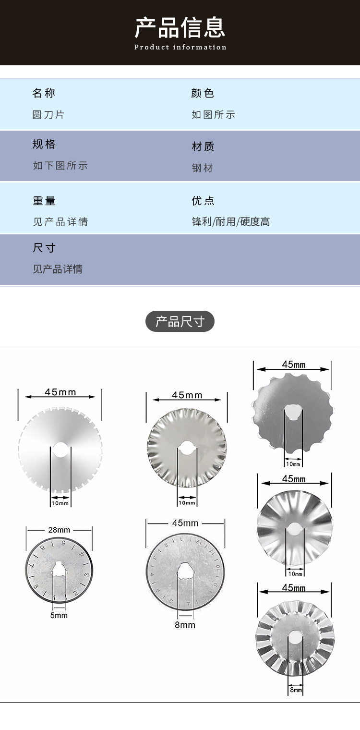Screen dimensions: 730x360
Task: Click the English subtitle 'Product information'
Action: coord(180,47)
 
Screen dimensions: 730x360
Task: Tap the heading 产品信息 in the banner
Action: coord(180,27)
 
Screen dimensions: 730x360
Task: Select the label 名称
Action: coord(44,93)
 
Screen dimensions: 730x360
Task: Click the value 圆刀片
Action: coord(48,115)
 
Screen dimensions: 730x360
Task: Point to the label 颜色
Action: coord(203,93)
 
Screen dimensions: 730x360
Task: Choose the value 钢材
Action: coord(202,168)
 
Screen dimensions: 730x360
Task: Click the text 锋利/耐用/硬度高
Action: coord(231,221)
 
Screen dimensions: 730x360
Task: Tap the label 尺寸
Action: coord(44,248)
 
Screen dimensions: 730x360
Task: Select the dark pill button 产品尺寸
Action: coord(180,321)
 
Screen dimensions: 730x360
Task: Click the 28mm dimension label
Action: coord(59,530)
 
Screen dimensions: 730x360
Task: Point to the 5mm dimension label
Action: coord(59,615)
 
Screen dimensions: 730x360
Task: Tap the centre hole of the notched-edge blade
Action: coord(60,450)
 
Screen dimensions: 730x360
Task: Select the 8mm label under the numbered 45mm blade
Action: coord(185,625)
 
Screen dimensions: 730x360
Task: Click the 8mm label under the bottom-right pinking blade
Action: coord(296,690)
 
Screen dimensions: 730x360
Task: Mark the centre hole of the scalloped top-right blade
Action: coord(292,412)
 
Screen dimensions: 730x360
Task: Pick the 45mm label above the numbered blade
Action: coord(185,523)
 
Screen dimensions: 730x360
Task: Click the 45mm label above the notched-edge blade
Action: coord(60,392)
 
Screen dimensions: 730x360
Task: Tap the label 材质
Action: coord(203,146)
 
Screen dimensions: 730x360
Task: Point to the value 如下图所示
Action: coord(60,166)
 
